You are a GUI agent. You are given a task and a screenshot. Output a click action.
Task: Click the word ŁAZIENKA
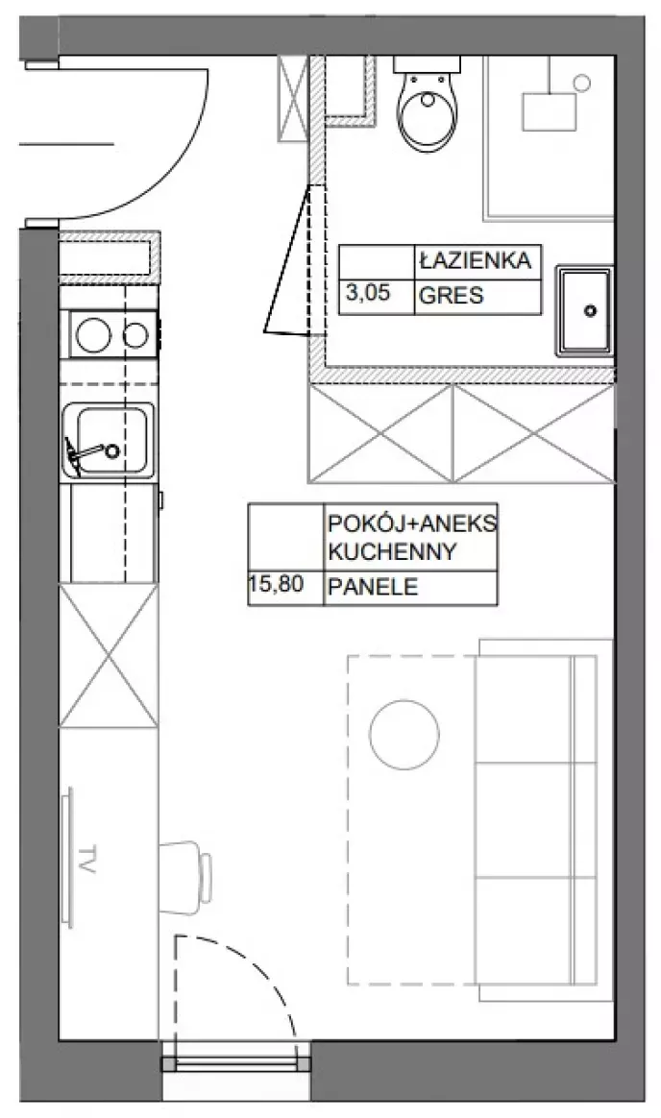click(475, 260)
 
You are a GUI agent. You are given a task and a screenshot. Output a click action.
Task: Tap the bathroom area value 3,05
click(368, 292)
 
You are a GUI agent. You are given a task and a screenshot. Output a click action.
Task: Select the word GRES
click(451, 295)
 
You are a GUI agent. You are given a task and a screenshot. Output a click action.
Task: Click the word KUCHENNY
click(391, 552)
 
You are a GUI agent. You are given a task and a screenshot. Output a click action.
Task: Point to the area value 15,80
click(277, 585)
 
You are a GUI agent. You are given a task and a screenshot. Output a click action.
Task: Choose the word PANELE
click(372, 587)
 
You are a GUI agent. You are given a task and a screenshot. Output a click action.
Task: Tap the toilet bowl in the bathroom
click(427, 114)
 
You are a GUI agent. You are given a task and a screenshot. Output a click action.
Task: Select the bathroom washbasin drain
click(590, 311)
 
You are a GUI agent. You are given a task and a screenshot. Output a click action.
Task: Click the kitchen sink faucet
click(91, 451)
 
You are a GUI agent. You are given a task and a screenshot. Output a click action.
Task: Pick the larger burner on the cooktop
click(93, 334)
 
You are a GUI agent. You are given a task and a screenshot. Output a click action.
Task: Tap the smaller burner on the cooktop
click(135, 335)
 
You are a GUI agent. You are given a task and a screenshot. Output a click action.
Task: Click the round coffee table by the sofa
click(404, 735)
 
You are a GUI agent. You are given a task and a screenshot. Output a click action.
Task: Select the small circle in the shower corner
click(582, 83)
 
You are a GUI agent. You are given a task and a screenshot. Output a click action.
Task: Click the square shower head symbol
click(549, 112)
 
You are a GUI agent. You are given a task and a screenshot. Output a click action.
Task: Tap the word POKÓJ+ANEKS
click(412, 523)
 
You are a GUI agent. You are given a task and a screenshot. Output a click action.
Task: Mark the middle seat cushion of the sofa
click(525, 820)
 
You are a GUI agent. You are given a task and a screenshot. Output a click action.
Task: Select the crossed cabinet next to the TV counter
click(109, 654)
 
